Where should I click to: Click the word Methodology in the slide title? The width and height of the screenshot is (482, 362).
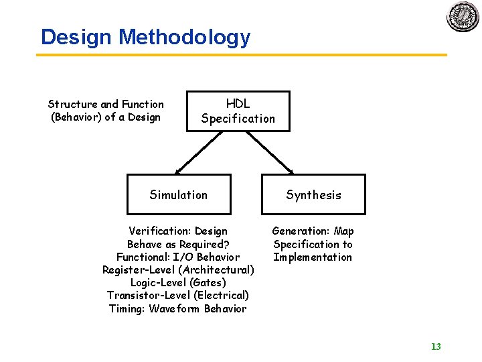click(x=184, y=37)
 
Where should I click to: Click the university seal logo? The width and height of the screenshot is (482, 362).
click(x=463, y=16)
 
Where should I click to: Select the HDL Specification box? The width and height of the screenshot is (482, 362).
click(x=238, y=111)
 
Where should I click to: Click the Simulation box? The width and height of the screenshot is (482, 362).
click(x=179, y=194)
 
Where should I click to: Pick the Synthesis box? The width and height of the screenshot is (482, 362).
click(x=313, y=194)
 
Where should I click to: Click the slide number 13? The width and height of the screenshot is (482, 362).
click(x=436, y=347)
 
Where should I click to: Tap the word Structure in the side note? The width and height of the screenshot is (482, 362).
click(x=72, y=104)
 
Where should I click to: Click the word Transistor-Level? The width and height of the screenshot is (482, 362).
click(x=149, y=296)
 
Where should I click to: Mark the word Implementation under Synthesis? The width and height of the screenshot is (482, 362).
click(x=313, y=257)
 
